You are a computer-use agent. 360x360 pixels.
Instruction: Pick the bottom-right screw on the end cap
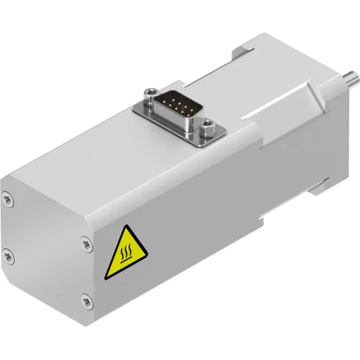tap(87, 299)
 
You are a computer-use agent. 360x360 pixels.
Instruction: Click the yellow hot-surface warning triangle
tap(125, 255)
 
